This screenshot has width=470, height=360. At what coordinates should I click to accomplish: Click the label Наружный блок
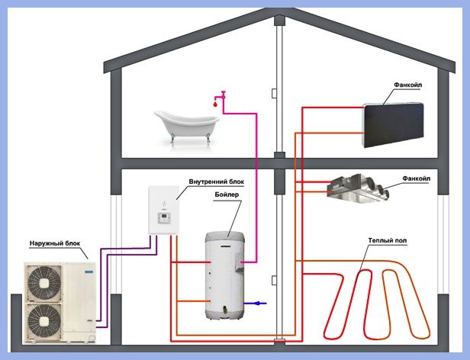[x=55, y=243]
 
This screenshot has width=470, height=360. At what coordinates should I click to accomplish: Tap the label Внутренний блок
[x=217, y=182]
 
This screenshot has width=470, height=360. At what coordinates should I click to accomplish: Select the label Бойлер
[x=227, y=194]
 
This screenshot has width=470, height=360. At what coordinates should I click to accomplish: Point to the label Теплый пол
[x=388, y=241]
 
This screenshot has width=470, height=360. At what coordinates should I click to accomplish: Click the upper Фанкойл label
[x=407, y=85]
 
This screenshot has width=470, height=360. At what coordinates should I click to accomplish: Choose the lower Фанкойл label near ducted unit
[x=416, y=178]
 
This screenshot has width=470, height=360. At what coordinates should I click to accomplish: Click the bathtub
[x=187, y=126]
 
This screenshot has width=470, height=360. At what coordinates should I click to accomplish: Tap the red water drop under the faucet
[x=215, y=104]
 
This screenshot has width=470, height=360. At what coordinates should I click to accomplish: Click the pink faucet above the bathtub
[x=221, y=96]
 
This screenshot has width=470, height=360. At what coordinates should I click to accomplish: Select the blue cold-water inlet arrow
[x=255, y=304]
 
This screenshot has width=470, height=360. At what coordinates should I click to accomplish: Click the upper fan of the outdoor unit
[x=44, y=282]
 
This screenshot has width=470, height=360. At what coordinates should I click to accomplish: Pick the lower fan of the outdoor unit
[x=44, y=321]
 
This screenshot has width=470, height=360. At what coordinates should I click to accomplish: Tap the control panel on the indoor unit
[x=164, y=218]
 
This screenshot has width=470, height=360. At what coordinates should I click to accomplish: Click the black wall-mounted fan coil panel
[x=394, y=124]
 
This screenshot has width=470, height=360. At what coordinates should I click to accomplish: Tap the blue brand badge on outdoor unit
[x=89, y=272]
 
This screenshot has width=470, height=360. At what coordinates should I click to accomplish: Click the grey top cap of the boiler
[x=225, y=236]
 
